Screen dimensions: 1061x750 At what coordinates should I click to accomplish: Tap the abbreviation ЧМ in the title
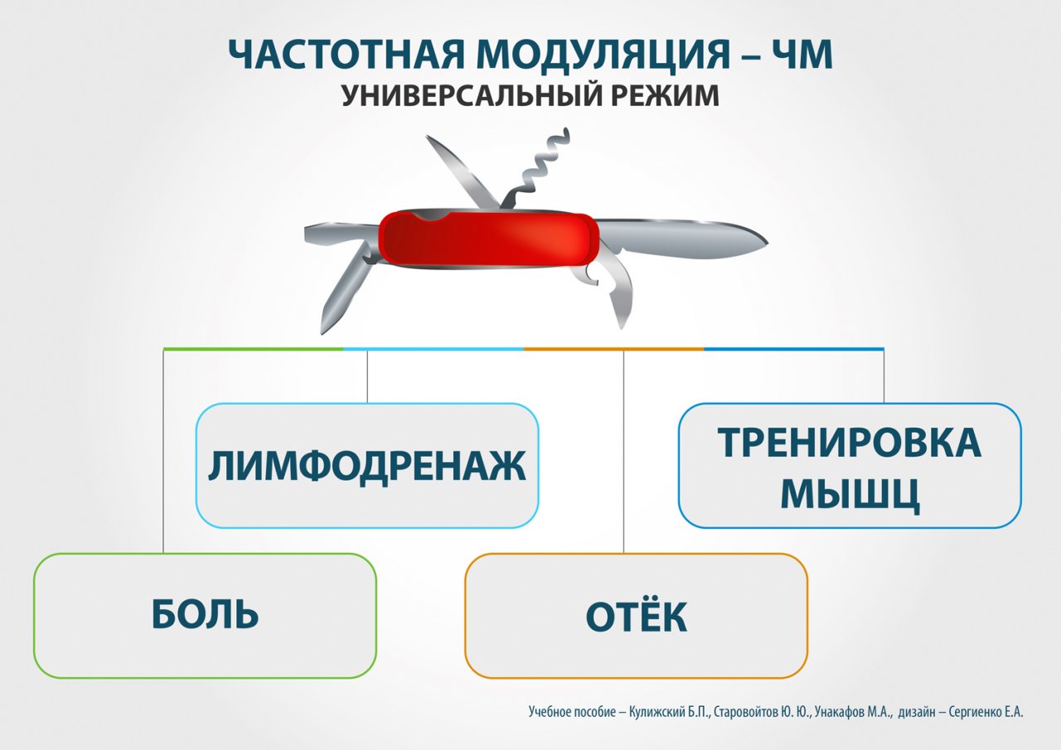pos(802,55)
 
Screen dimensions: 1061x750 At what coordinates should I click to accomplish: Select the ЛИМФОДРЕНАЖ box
pos(367,466)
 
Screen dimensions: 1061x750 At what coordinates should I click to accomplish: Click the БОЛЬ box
pos(205,616)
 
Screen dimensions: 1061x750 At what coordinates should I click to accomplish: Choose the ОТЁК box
pos(636,616)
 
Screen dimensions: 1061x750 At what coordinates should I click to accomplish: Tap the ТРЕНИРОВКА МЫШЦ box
pos(850,466)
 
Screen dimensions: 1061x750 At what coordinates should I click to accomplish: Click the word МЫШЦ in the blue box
pos(850,494)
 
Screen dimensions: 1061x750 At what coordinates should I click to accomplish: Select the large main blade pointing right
pos(682,240)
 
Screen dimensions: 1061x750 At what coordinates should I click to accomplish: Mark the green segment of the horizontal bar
pos(254,349)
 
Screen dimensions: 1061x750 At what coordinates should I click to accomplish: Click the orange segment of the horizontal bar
pos(614,349)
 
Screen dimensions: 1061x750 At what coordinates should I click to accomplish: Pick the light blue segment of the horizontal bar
pos(434,349)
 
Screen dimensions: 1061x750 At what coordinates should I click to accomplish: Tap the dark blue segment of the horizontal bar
pos(794,349)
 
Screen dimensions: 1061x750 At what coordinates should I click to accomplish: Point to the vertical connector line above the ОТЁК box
pos(623,452)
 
